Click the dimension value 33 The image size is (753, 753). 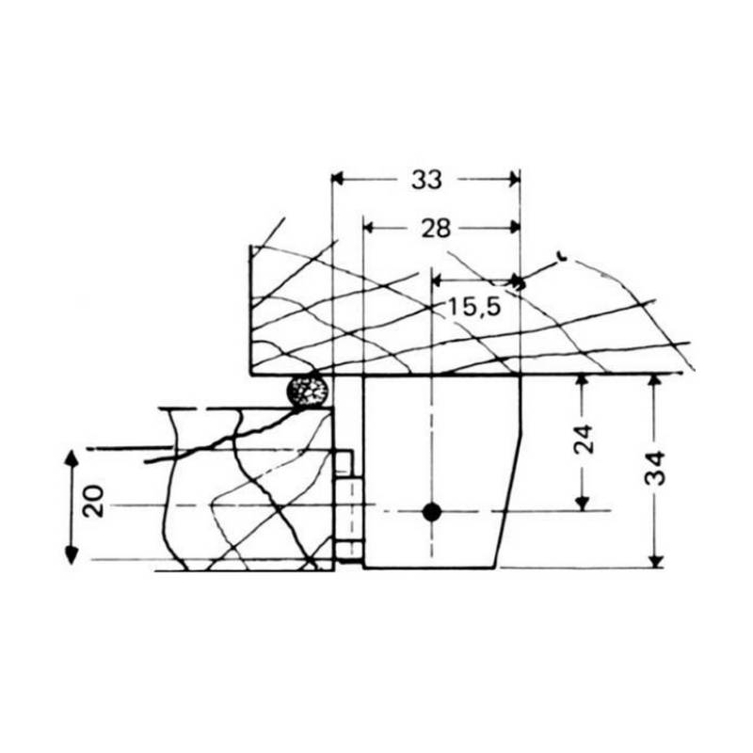click(425, 180)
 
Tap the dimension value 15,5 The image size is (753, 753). click(473, 306)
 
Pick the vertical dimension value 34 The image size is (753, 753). click(657, 467)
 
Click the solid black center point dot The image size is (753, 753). click(431, 512)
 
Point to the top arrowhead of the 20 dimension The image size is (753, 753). click(70, 458)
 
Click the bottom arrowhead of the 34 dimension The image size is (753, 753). click(657, 561)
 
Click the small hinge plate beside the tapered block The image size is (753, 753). click(349, 509)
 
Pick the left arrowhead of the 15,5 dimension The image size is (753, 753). click(439, 280)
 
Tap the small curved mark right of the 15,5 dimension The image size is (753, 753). click(563, 255)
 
